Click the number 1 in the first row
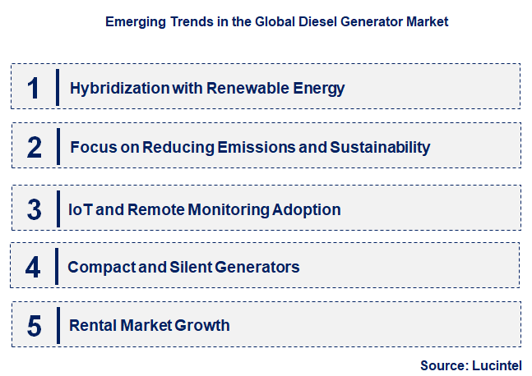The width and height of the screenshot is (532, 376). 34,87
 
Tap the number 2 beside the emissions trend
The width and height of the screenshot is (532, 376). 34,147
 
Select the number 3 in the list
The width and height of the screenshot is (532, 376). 34,209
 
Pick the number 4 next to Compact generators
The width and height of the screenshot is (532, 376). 34,267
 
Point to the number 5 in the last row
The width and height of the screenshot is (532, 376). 34,326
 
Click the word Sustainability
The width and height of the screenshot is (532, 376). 380,148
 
